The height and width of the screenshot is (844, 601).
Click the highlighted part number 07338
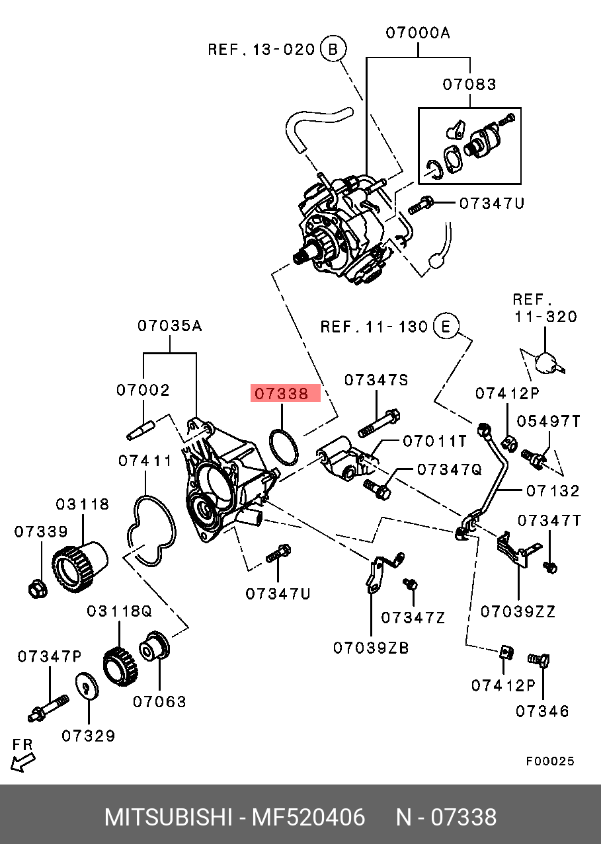tap(281, 394)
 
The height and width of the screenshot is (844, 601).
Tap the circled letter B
tap(333, 49)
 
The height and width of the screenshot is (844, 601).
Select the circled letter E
tap(446, 326)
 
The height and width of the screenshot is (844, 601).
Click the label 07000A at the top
tap(418, 33)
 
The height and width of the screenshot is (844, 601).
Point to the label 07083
tap(469, 85)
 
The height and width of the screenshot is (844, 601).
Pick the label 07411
tap(145, 461)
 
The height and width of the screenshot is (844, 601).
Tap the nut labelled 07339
tap(38, 590)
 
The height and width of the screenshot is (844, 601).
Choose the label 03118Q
tap(119, 611)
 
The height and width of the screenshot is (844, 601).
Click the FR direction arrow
tap(22, 763)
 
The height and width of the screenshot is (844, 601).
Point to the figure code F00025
tap(550, 761)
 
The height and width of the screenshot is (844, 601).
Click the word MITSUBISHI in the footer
tap(168, 818)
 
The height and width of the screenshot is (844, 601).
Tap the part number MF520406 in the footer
tap(308, 818)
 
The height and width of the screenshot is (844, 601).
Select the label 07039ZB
tap(371, 648)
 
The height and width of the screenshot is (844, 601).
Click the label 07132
tap(553, 491)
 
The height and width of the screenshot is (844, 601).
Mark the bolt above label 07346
tap(538, 660)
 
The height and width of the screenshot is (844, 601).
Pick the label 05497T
tap(549, 421)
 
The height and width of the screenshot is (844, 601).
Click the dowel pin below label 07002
tap(141, 430)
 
